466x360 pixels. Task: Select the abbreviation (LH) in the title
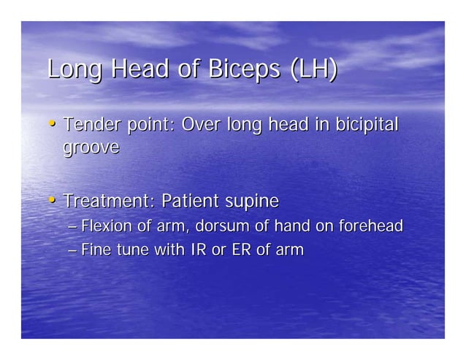pos(313,70)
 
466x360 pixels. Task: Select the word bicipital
pos(368,125)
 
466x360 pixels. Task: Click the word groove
pos(91,148)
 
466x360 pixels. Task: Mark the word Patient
pos(190,200)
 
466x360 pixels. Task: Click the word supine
pos(252,201)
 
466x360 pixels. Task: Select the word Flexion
pos(106,226)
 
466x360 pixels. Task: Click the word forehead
pos(370,226)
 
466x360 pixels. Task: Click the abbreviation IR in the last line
pos(197,250)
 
